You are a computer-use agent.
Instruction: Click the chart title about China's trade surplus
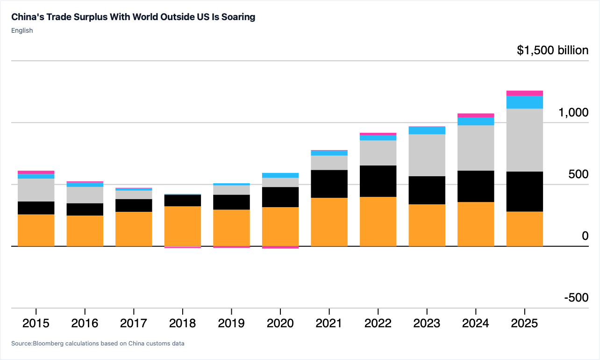[133, 17]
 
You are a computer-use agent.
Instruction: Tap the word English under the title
[22, 30]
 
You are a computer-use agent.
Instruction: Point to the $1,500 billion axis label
[553, 50]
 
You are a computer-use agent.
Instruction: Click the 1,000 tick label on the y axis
[573, 112]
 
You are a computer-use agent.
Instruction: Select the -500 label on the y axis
[577, 297]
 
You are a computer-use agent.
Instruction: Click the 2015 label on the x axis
[36, 323]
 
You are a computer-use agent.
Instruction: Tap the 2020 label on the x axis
[280, 323]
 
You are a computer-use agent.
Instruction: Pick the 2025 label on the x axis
[524, 323]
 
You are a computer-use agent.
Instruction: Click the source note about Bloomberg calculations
[98, 343]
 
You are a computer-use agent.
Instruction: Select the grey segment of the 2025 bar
[524, 140]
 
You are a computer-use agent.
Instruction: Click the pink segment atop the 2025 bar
[524, 94]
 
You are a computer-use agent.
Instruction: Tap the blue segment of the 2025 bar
[524, 102]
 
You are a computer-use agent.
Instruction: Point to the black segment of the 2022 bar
[378, 181]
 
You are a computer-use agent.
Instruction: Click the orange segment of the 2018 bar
[183, 226]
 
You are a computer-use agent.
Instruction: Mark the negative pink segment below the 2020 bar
[280, 247]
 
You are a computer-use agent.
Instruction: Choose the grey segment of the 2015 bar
[36, 190]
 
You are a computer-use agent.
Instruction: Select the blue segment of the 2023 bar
[427, 130]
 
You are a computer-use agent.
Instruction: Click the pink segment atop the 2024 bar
[476, 115]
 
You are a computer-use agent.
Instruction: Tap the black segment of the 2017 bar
[134, 206]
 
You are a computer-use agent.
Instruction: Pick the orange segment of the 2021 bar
[329, 222]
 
